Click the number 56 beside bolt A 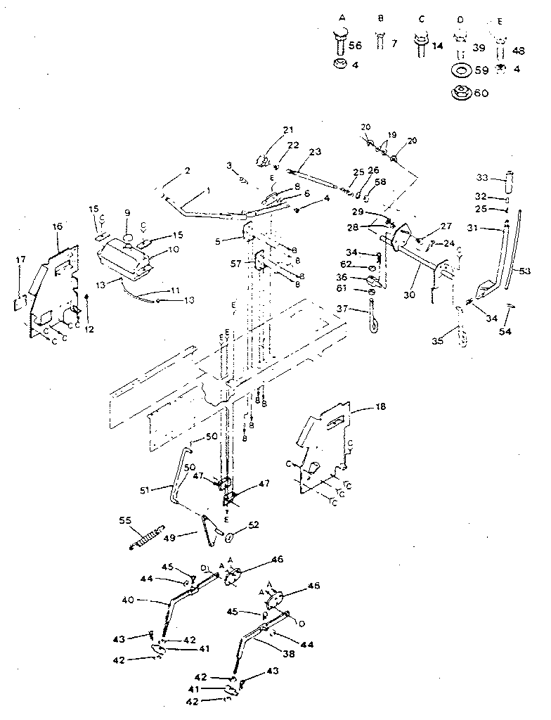coord(355,45)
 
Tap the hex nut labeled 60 coord(462,92)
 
